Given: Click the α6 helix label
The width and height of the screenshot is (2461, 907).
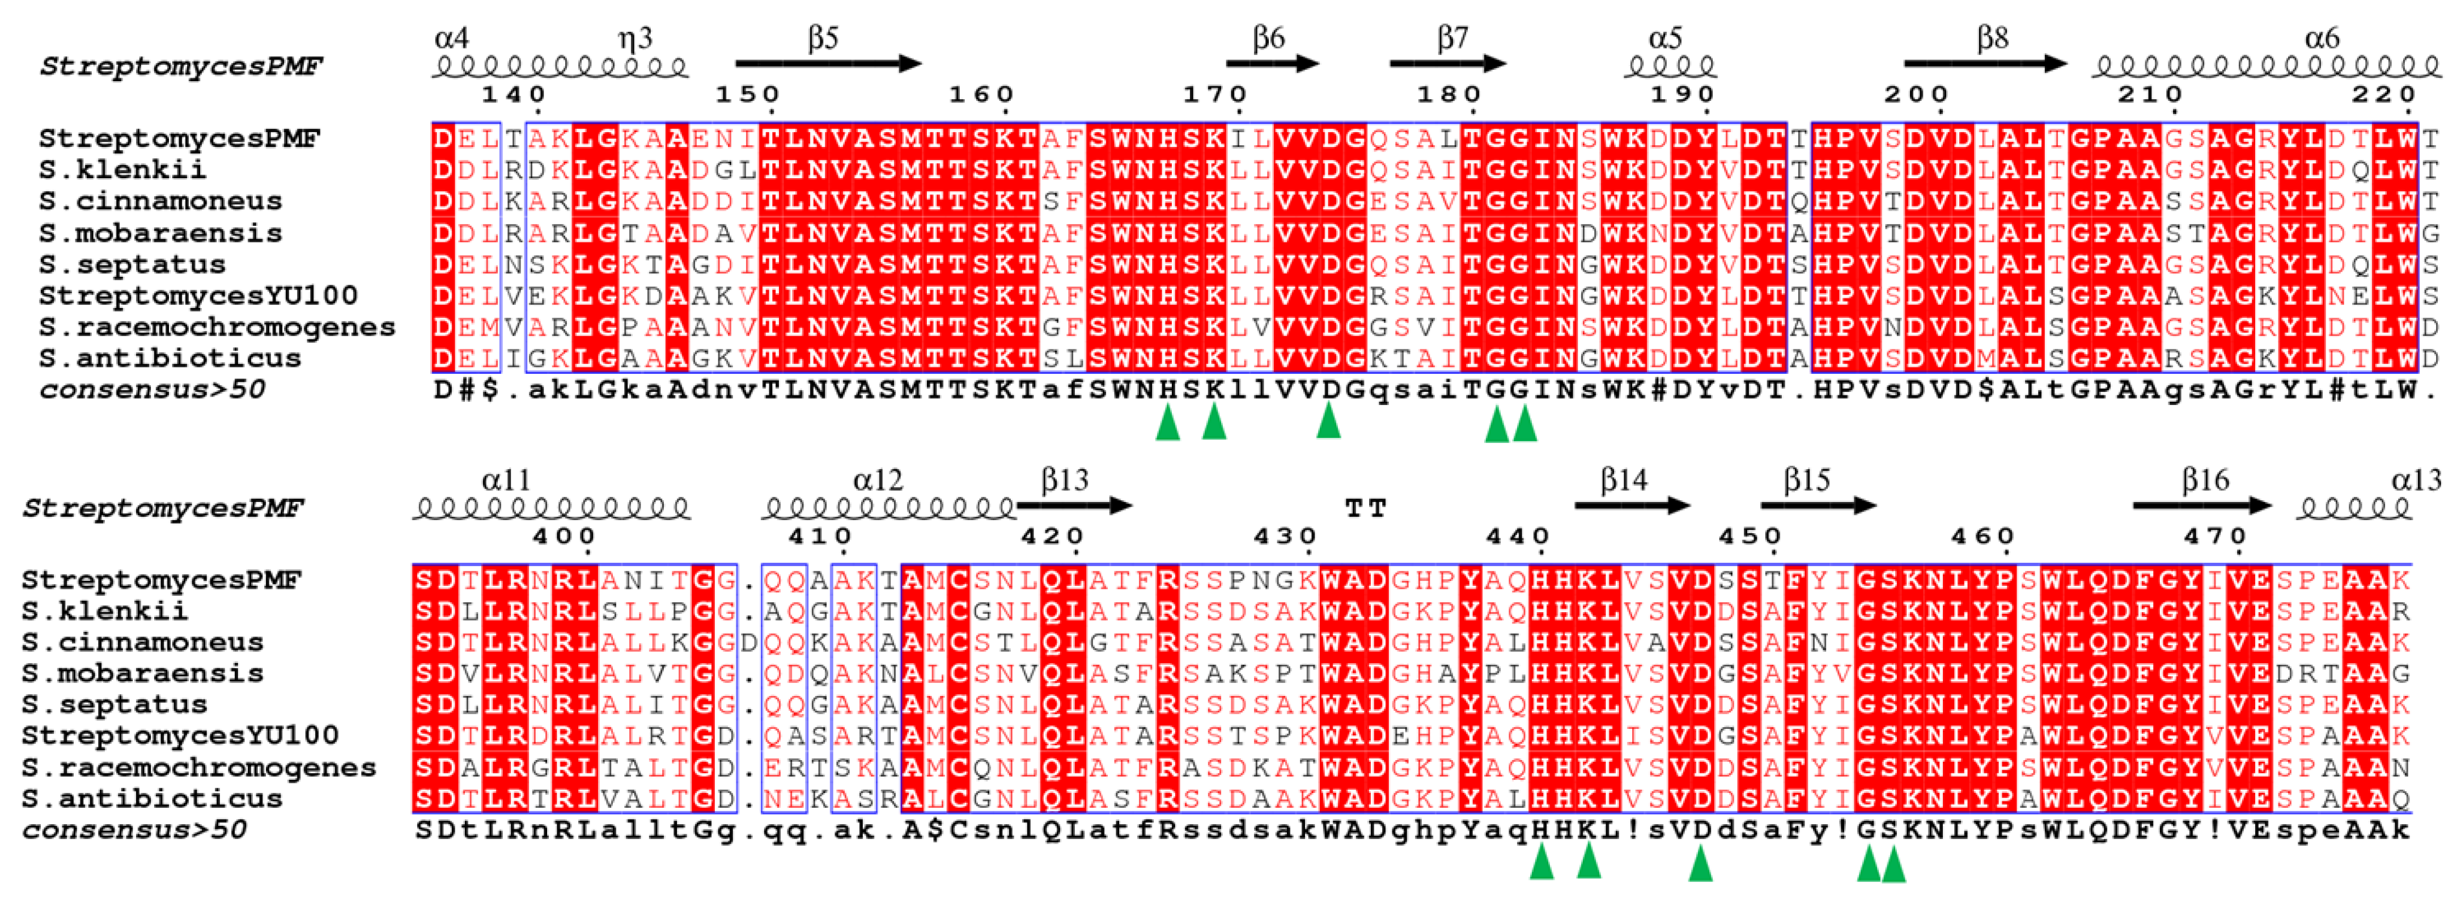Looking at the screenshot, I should (2322, 37).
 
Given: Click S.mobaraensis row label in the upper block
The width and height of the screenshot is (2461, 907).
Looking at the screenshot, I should (160, 232).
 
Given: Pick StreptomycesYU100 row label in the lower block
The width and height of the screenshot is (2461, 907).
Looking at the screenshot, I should (180, 735).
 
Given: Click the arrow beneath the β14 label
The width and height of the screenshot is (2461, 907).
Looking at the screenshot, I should (1632, 505).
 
